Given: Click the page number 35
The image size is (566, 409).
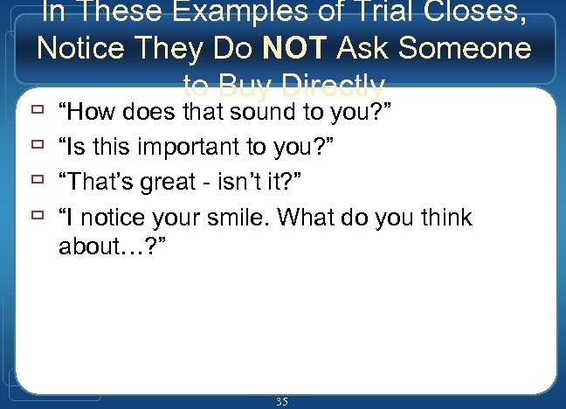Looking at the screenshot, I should click(281, 401).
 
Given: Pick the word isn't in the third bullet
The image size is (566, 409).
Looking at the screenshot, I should click(239, 182).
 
